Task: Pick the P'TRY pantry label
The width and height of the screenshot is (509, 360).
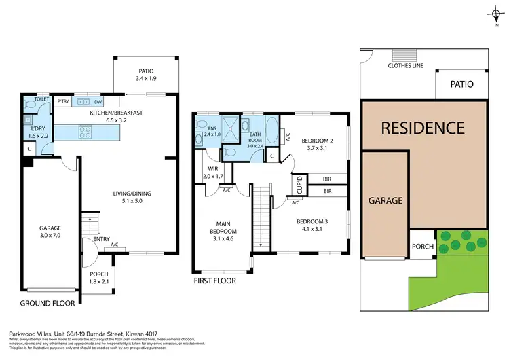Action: tap(64, 102)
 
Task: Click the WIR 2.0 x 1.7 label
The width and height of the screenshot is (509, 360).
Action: tap(212, 173)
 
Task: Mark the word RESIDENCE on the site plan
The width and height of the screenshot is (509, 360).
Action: tap(422, 128)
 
